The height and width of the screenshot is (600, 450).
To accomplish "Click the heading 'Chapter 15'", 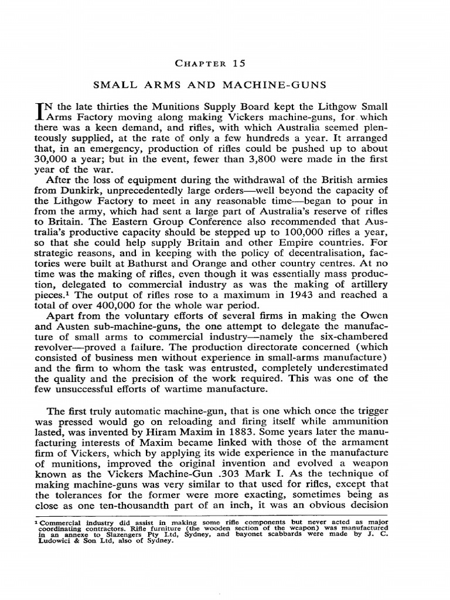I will point(224,63).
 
